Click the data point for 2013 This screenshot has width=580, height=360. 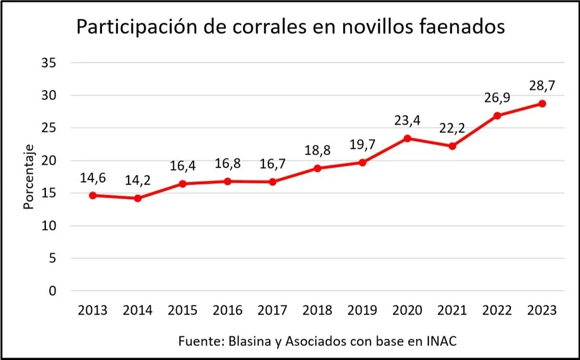(x=93, y=195)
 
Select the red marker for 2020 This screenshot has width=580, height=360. (x=407, y=138)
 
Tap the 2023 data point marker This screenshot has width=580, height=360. (x=542, y=104)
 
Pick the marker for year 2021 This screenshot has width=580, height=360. (x=452, y=146)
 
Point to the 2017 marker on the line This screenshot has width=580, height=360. (x=272, y=182)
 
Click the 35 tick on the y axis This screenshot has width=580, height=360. (x=49, y=62)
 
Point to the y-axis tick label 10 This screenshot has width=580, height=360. (x=49, y=226)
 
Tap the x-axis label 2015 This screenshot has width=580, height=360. (x=182, y=310)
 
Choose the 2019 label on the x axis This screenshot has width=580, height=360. (x=362, y=310)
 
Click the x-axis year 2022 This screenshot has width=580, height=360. (x=497, y=310)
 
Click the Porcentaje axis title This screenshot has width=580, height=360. (x=29, y=177)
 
